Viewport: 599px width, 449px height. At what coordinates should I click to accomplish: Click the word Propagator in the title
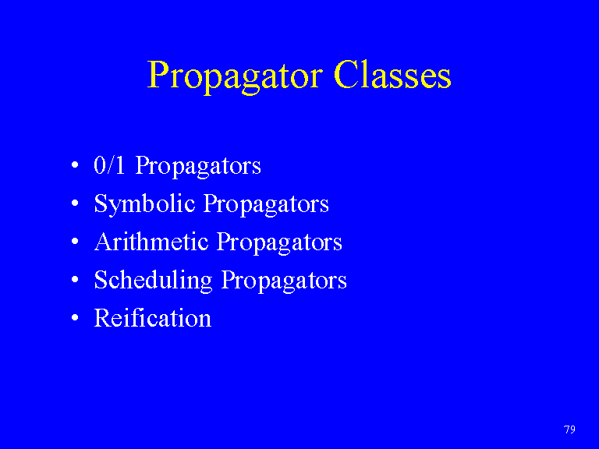(235, 76)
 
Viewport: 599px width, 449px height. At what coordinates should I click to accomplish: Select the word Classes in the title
(392, 75)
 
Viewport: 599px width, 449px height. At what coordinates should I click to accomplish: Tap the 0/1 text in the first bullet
(109, 165)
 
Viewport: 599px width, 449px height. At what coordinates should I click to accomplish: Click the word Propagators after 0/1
(198, 167)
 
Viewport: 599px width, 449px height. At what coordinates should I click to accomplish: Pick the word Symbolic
(145, 204)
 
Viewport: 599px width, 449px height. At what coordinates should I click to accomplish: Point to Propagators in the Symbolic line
(266, 205)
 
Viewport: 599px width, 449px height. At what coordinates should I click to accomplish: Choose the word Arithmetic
(151, 242)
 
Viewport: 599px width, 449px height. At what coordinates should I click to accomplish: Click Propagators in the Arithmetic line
(279, 243)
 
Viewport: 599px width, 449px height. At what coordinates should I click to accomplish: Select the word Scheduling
(153, 281)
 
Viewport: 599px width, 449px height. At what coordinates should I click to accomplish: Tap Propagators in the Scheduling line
(284, 281)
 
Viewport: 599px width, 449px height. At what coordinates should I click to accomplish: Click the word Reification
(153, 318)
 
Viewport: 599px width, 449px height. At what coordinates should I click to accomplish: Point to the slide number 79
(569, 430)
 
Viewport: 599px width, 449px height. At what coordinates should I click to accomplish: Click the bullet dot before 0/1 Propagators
(75, 165)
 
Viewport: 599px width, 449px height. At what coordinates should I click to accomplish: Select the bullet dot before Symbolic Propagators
(75, 203)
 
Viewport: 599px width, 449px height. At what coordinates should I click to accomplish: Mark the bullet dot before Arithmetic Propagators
(75, 242)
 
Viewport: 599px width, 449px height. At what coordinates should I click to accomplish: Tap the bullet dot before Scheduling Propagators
(75, 280)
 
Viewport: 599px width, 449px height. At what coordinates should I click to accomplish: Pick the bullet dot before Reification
(75, 318)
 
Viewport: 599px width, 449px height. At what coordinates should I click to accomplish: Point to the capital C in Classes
(346, 75)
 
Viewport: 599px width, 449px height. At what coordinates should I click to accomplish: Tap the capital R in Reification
(103, 318)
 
